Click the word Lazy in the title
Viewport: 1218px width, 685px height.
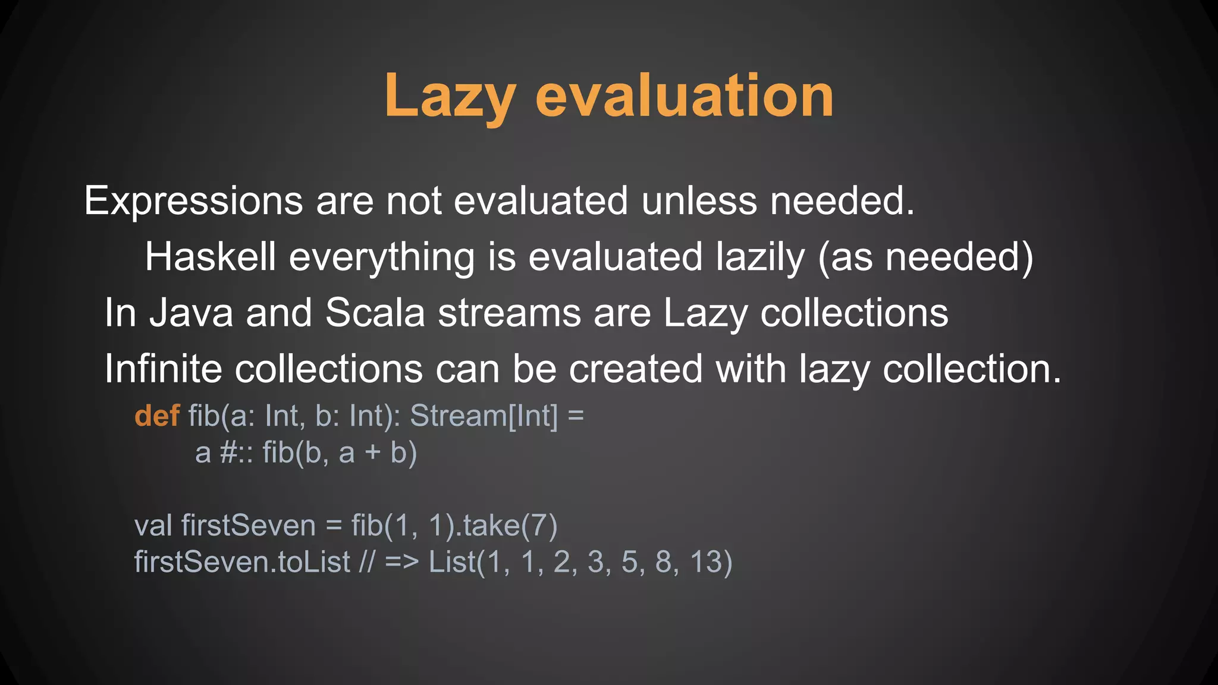[450, 96]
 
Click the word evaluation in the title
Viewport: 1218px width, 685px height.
[684, 96]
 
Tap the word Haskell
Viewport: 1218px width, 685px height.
[211, 257]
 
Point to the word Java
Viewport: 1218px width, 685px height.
[191, 313]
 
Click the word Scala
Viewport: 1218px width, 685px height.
[375, 313]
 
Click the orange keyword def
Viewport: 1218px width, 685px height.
[157, 416]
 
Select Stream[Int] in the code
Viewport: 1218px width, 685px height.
[484, 416]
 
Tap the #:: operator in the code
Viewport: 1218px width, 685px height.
[237, 453]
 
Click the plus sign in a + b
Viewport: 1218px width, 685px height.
[372, 453]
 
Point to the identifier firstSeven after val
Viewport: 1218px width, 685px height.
[249, 526]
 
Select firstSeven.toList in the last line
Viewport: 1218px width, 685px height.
[242, 562]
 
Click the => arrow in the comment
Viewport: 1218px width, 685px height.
[402, 563]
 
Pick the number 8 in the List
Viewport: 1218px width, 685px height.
[664, 562]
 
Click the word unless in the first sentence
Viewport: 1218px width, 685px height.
[699, 201]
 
